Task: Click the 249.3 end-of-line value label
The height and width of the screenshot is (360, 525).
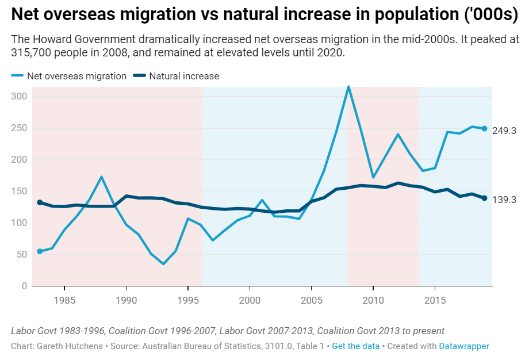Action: pyautogui.click(x=504, y=131)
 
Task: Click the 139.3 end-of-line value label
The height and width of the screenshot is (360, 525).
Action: pyautogui.click(x=504, y=200)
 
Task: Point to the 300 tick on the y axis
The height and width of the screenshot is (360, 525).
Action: pyautogui.click(x=20, y=97)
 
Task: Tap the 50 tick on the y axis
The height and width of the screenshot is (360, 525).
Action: pyautogui.click(x=22, y=254)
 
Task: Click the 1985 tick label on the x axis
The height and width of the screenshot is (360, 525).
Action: pyautogui.click(x=64, y=300)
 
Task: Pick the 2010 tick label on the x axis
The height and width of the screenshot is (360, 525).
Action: pyautogui.click(x=373, y=300)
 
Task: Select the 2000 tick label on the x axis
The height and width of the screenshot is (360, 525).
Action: pyautogui.click(x=250, y=300)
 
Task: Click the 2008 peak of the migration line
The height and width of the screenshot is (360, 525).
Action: pyautogui.click(x=348, y=87)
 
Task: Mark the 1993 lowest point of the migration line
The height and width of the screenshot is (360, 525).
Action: pyautogui.click(x=163, y=264)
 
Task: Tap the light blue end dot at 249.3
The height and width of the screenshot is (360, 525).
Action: pyautogui.click(x=484, y=129)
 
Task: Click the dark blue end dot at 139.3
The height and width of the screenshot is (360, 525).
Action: pyautogui.click(x=484, y=198)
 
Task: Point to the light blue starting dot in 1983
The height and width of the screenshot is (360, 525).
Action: pyautogui.click(x=40, y=251)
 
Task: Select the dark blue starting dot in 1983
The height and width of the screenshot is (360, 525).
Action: pyautogui.click(x=40, y=202)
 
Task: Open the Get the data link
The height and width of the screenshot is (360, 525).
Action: pyautogui.click(x=356, y=346)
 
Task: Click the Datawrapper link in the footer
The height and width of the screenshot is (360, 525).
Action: pyautogui.click(x=464, y=346)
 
